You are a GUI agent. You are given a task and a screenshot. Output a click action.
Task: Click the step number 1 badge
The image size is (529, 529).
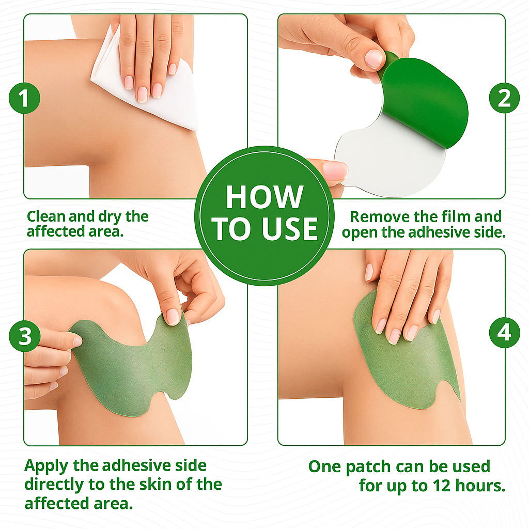point(24,98)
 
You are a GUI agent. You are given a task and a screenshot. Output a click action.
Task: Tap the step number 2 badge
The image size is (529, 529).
point(504,98)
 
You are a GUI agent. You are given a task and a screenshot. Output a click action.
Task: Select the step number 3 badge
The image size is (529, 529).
point(24,336)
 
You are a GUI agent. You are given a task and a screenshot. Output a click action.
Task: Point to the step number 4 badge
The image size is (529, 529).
point(504,333)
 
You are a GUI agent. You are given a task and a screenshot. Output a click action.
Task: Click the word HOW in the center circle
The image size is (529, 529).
point(264,197)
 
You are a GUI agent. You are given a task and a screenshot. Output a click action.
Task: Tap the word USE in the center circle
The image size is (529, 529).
point(290,229)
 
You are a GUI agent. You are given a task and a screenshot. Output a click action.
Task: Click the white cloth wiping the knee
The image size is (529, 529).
point(145,81)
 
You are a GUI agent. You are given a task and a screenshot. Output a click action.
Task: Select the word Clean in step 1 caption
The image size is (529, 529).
point(46,216)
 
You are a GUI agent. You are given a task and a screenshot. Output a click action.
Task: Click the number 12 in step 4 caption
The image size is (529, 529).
point(442,486)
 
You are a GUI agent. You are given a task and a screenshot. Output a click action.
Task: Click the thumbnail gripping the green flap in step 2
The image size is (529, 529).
point(374,59)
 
